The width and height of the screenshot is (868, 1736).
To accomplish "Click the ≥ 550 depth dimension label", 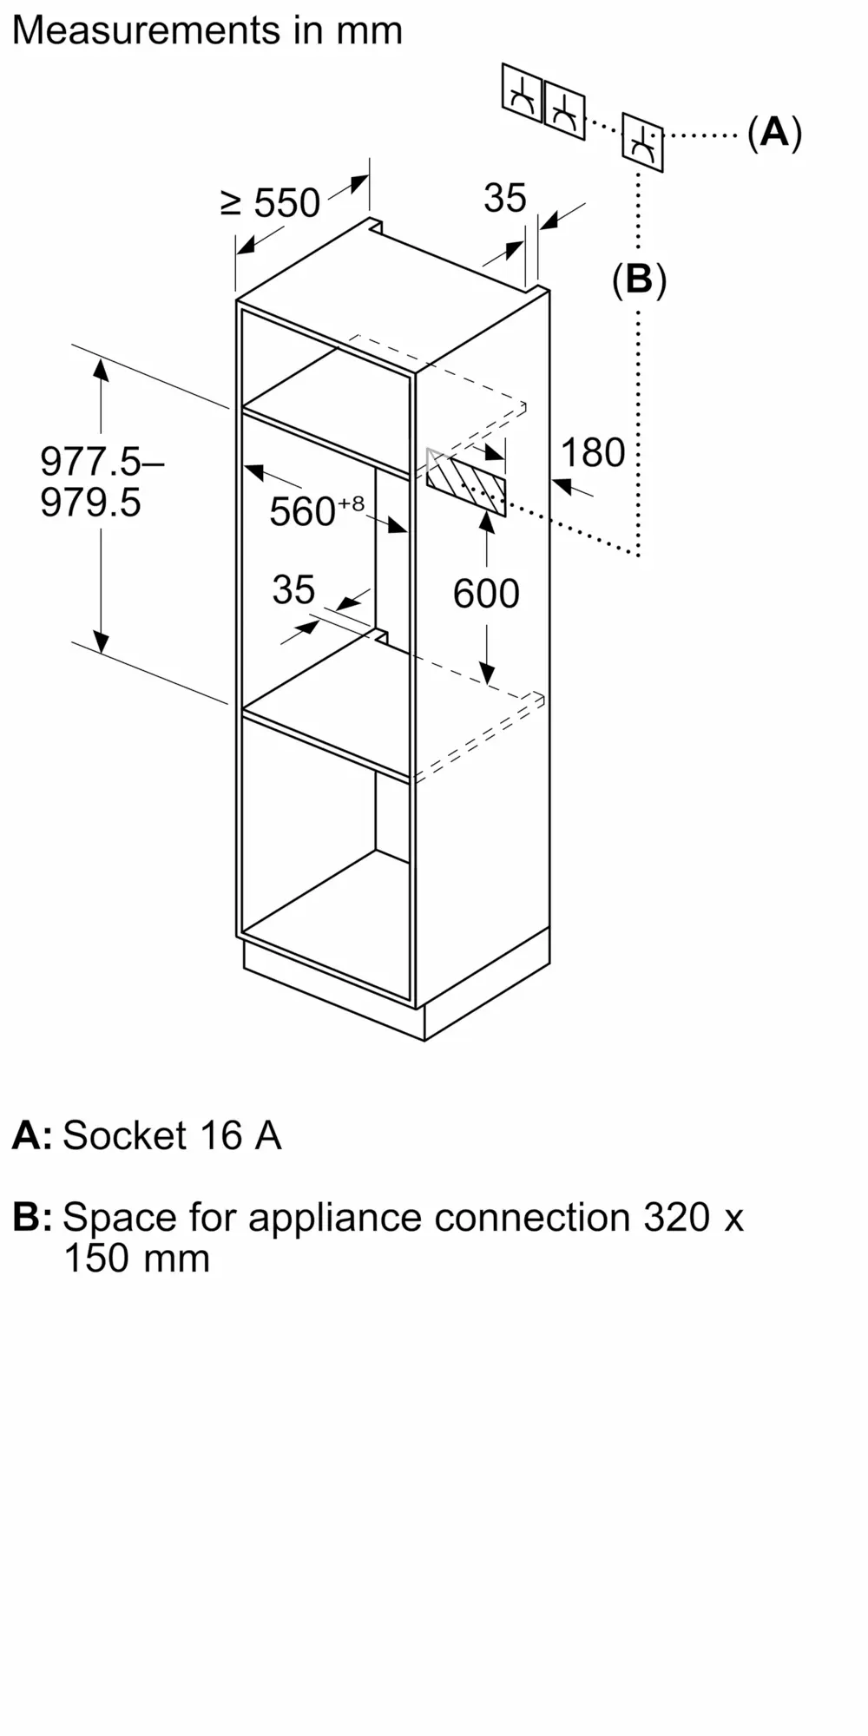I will [271, 203].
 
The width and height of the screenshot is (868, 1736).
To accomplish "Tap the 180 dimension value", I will [593, 452].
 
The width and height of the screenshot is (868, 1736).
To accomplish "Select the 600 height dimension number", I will [486, 594].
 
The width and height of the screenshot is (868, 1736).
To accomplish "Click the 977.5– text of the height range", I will [102, 461].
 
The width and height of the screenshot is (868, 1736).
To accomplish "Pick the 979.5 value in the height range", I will [90, 503].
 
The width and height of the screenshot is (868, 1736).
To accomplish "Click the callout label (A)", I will [774, 133].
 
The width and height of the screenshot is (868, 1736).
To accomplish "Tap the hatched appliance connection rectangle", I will [466, 482].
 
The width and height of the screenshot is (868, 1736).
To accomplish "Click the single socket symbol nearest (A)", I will [642, 141].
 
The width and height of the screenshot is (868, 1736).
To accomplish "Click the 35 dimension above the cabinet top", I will [505, 198].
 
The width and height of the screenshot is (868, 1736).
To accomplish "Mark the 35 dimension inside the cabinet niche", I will [293, 590].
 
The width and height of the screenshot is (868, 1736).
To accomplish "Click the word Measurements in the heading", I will [145, 30].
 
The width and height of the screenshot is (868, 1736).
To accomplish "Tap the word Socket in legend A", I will [124, 1135].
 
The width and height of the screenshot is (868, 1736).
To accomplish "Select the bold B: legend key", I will [32, 1217].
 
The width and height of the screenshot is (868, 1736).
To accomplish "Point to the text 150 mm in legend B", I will [137, 1259].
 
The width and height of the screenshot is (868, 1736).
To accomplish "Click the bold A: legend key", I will [32, 1135].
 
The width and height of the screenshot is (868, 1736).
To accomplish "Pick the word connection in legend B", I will [532, 1217].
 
